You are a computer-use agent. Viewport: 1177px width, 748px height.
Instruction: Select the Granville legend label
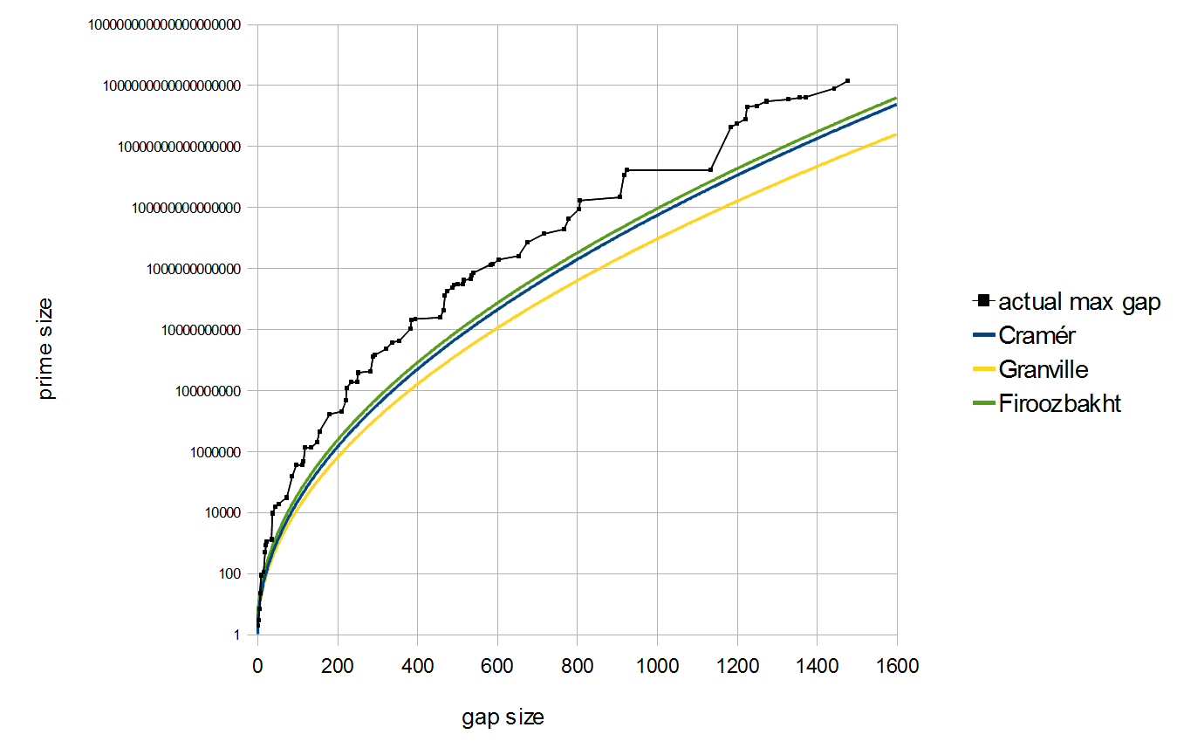click(x=1043, y=370)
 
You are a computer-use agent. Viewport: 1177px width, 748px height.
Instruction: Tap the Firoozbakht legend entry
click(x=1059, y=404)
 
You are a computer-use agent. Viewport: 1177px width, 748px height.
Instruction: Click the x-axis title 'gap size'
click(x=503, y=717)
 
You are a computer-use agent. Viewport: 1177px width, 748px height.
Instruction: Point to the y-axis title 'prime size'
click(x=46, y=348)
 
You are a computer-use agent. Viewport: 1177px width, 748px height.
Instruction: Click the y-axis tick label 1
click(x=235, y=635)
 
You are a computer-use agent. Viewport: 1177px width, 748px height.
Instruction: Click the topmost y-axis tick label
click(x=164, y=24)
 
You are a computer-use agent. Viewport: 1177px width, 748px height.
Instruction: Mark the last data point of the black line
click(x=847, y=81)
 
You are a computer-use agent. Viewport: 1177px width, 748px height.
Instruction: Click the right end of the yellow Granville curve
click(x=897, y=134)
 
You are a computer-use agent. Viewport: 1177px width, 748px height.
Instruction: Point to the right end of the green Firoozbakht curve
click(x=897, y=98)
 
